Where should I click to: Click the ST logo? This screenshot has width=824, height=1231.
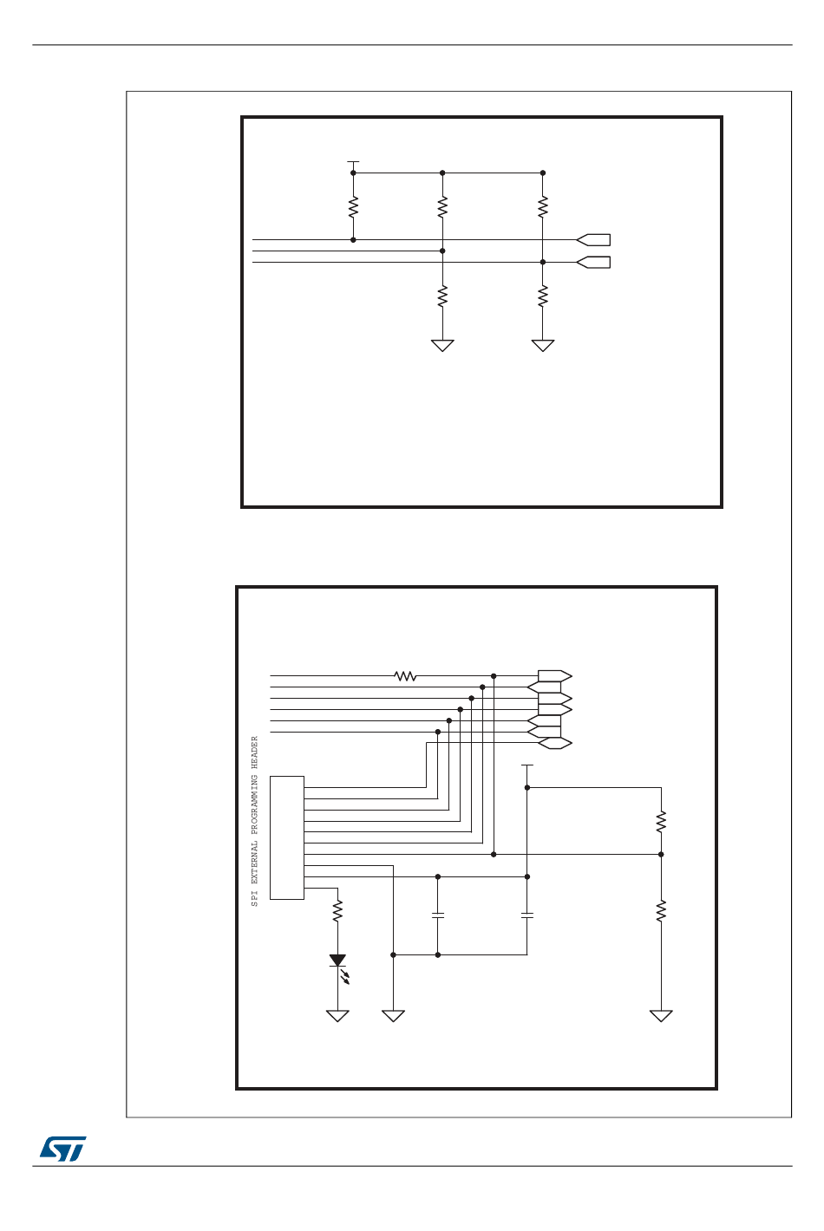62,1149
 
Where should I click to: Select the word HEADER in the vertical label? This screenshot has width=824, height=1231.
255,752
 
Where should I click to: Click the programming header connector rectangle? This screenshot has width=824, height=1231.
287,837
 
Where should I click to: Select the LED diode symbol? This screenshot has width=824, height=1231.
337,961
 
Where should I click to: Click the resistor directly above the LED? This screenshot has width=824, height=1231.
337,910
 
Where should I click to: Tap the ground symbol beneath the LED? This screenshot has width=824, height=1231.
337,1016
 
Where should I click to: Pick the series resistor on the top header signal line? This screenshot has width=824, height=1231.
405,676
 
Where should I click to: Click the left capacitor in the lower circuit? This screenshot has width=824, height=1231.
438,915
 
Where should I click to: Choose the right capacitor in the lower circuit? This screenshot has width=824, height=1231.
527,915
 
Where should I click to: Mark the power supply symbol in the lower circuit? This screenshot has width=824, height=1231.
527,766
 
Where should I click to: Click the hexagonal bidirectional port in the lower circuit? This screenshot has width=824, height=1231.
555,743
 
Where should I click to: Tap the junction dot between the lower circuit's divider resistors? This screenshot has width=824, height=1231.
661,855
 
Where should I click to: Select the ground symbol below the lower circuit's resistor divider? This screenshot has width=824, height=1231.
661,1016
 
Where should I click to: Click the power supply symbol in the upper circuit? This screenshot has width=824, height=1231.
353,162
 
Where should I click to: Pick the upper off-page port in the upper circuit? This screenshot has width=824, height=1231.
593,240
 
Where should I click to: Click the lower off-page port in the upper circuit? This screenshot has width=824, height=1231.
593,262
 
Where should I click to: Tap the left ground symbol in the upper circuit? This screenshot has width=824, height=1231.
442,346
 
